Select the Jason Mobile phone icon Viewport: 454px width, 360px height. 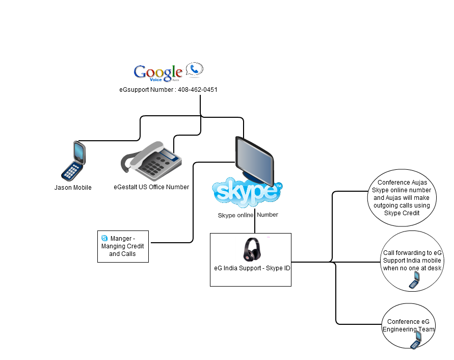pyautogui.click(x=73, y=161)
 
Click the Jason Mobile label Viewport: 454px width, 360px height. pyautogui.click(x=73, y=188)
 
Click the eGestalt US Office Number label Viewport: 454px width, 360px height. pyautogui.click(x=151, y=187)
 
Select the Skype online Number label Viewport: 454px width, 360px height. pyautogui.click(x=248, y=215)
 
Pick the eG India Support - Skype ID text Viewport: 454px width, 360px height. pyautogui.click(x=252, y=268)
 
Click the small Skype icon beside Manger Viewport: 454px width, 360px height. pyautogui.click(x=104, y=238)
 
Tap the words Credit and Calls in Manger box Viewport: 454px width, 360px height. pyautogui.click(x=122, y=254)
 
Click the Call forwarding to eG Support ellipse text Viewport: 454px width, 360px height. pyautogui.click(x=412, y=261)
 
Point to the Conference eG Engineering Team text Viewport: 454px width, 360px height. pyautogui.click(x=409, y=325)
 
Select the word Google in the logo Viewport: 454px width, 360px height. pyautogui.click(x=158, y=71)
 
